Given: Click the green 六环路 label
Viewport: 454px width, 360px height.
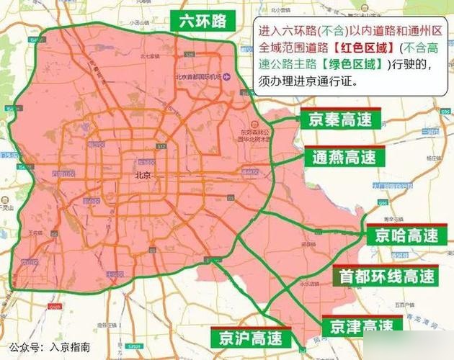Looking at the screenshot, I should (x=198, y=21).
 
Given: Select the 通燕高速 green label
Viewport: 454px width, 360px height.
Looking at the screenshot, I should (x=344, y=156).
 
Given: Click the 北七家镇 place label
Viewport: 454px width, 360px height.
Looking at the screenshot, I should (x=150, y=55).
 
